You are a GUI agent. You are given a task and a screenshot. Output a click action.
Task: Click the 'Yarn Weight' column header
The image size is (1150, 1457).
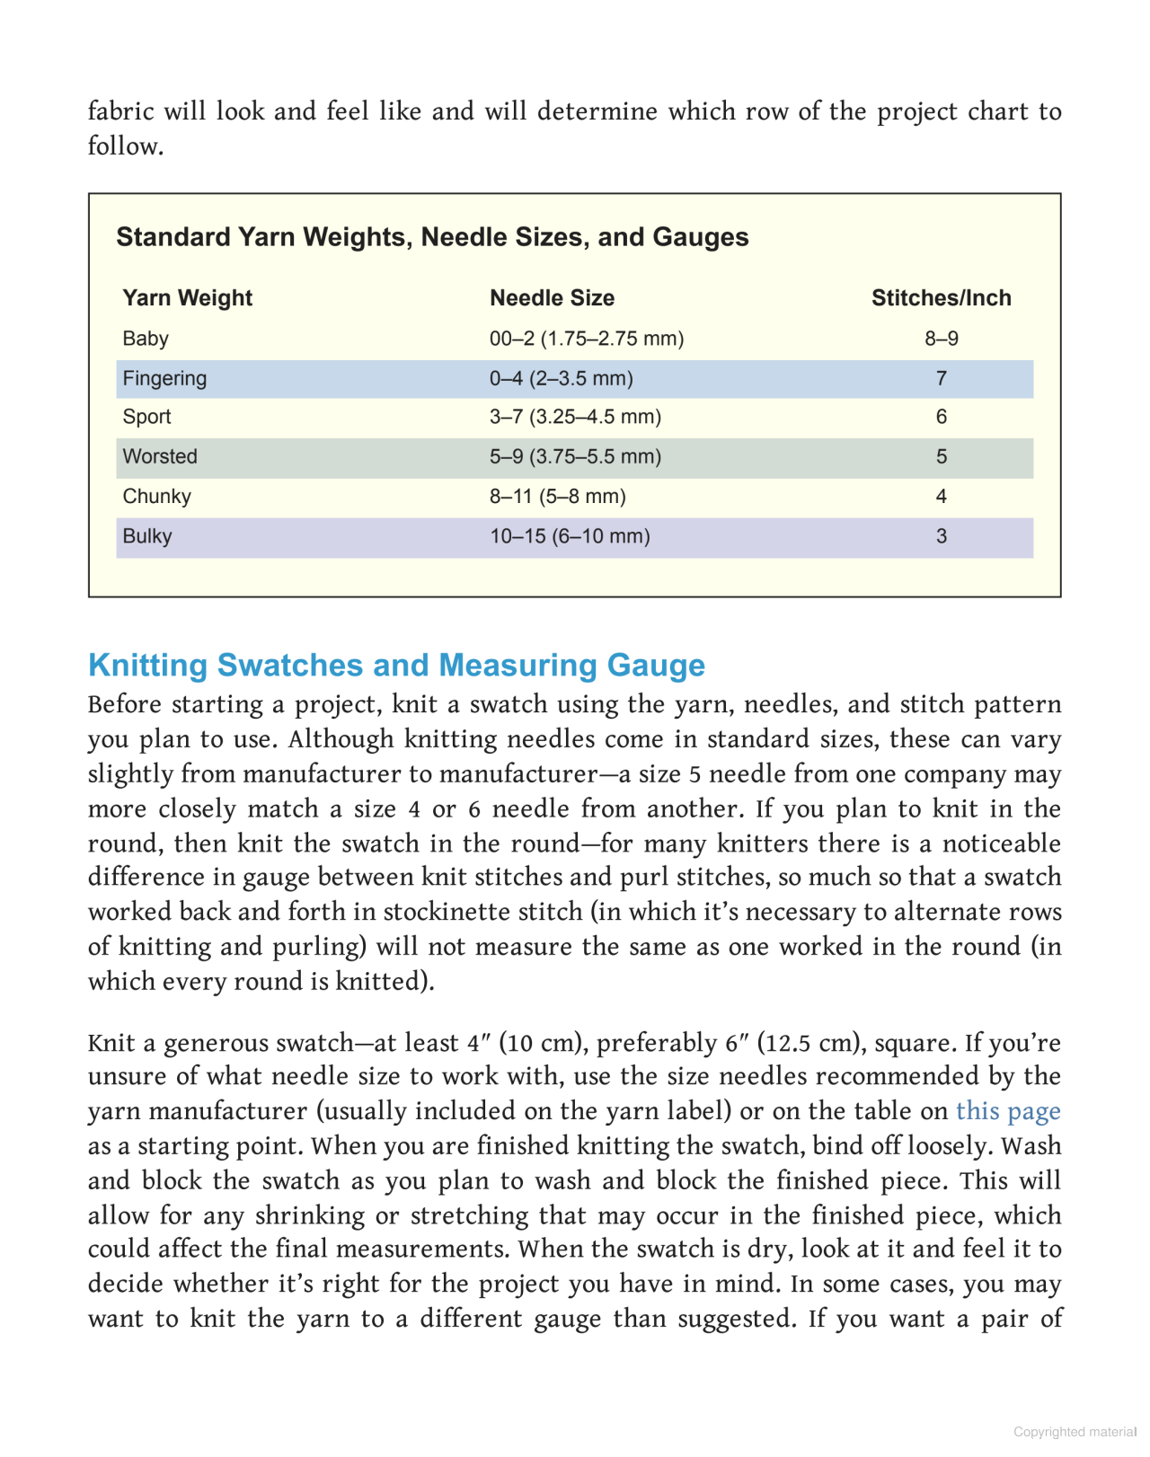(187, 298)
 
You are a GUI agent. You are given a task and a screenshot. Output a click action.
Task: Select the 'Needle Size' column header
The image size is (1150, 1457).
(552, 298)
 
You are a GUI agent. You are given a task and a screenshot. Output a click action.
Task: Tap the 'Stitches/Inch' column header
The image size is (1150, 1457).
(941, 298)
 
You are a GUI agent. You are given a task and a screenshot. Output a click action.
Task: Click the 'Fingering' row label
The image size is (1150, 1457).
(164, 378)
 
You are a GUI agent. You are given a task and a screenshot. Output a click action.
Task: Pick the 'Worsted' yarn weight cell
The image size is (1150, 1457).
(160, 456)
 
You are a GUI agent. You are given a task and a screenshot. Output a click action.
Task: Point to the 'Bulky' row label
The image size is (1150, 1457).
(147, 536)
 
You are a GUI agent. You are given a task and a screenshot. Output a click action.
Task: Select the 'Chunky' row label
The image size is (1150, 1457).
(157, 497)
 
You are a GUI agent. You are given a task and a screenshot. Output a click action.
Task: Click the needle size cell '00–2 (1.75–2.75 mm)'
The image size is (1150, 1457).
(587, 339)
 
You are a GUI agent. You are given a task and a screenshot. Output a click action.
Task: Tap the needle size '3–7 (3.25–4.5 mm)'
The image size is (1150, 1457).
(575, 417)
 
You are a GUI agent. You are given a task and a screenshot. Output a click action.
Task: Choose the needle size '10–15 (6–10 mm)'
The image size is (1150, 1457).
(570, 536)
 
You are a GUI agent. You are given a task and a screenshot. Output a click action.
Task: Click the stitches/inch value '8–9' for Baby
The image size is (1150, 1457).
(941, 339)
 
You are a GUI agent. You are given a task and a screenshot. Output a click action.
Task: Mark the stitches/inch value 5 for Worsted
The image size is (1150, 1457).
(941, 456)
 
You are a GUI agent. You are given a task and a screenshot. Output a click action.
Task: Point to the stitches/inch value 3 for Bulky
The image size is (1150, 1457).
(941, 536)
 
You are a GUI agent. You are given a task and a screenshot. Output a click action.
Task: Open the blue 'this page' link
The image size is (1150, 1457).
(1008, 1111)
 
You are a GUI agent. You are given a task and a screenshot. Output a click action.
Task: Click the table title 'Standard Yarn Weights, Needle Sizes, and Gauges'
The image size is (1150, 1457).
(432, 237)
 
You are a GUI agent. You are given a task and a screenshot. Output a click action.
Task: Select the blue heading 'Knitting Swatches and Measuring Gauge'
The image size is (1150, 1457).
(396, 665)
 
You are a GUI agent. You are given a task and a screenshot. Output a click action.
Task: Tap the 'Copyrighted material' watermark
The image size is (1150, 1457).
(1075, 1432)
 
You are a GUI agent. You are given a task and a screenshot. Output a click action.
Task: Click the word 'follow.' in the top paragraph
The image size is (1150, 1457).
(126, 146)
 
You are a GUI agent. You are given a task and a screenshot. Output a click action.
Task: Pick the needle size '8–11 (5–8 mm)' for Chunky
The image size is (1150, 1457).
(557, 497)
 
